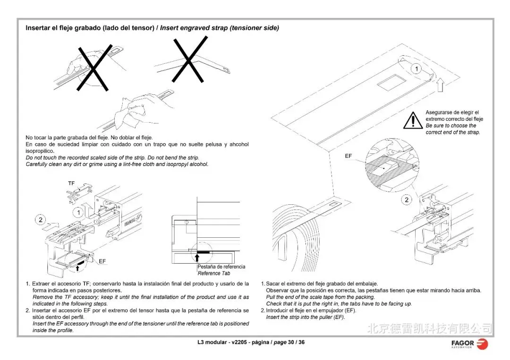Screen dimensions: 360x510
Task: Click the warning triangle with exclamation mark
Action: pyautogui.click(x=413, y=120)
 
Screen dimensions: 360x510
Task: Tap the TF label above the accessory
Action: pyautogui.click(x=71, y=183)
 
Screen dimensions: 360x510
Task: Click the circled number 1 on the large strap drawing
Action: pyautogui.click(x=416, y=69)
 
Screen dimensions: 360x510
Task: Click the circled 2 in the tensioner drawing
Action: pyautogui.click(x=41, y=219)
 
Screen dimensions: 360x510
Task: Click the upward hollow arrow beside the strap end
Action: pyautogui.click(x=440, y=84)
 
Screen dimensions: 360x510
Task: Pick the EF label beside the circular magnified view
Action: pyautogui.click(x=348, y=155)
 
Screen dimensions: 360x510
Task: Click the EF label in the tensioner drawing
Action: pyautogui.click(x=102, y=260)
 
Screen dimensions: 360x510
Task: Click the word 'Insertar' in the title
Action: pyautogui.click(x=37, y=28)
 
